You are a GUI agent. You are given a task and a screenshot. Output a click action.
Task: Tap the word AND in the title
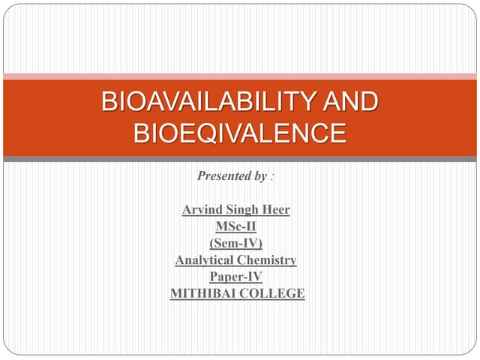point(352,102)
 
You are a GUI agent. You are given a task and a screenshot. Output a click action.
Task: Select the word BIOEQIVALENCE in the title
point(240,133)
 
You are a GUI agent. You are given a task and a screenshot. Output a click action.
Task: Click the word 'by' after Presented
point(260,176)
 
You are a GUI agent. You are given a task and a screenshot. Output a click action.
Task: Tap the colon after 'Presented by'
point(272,177)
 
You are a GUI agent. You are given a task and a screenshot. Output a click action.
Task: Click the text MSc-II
point(236,226)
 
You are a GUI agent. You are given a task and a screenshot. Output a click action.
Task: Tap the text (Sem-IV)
point(236,243)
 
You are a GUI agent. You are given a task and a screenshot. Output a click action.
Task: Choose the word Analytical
point(204,260)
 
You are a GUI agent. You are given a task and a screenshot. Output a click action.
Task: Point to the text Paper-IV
point(236,277)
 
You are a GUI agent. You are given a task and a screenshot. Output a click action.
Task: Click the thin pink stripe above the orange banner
point(240,76)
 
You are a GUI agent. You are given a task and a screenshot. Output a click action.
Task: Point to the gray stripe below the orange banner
point(240,159)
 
